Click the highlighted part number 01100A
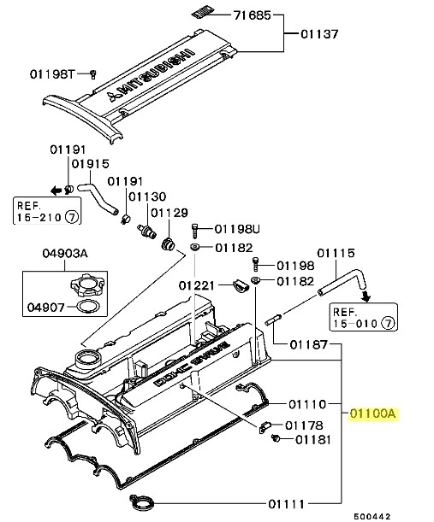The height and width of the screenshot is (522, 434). pyautogui.click(x=374, y=413)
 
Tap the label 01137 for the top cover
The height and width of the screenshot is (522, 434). pyautogui.click(x=319, y=35)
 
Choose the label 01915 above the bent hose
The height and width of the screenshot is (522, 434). pyautogui.click(x=89, y=164)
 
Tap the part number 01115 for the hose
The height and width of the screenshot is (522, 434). pyautogui.click(x=336, y=253)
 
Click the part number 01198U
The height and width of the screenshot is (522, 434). pyautogui.click(x=235, y=229)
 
